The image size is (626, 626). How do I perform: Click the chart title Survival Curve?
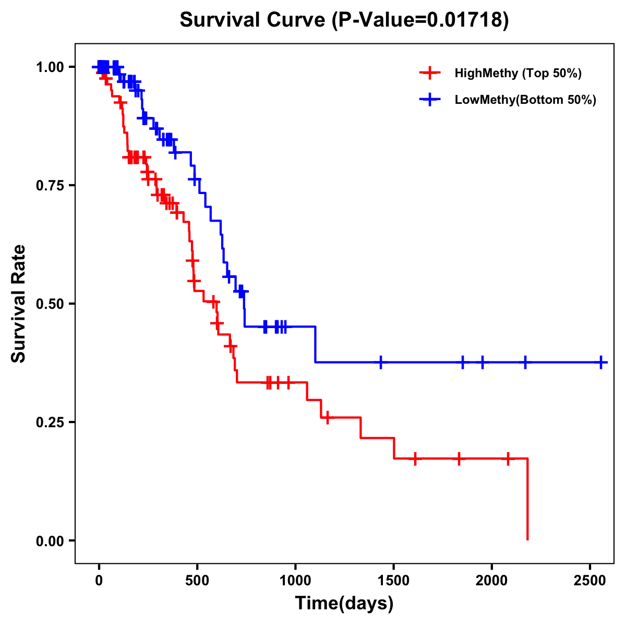tap(344, 20)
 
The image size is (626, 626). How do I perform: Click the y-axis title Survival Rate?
tap(19, 303)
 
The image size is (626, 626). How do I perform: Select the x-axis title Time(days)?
tap(344, 603)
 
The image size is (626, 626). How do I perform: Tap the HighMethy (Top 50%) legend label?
tap(517, 73)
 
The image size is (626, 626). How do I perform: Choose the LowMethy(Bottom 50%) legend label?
tap(525, 100)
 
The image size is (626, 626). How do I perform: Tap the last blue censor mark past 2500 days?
tap(601, 362)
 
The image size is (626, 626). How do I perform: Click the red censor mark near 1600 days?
tap(415, 459)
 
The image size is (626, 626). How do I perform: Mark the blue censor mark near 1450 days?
tap(381, 362)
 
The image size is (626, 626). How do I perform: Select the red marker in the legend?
tap(429, 73)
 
